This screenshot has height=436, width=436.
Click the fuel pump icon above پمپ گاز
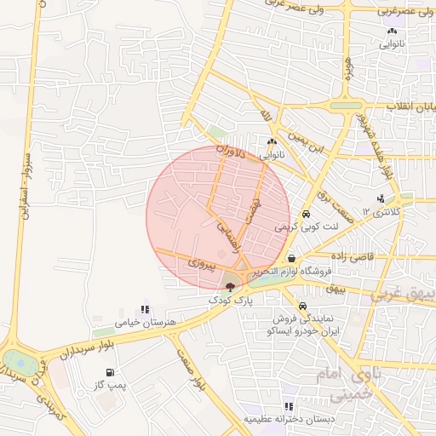tap(109, 373)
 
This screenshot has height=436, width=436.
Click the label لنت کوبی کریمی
tap(307, 228)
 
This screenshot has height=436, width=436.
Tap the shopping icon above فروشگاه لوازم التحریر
tap(292, 259)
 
